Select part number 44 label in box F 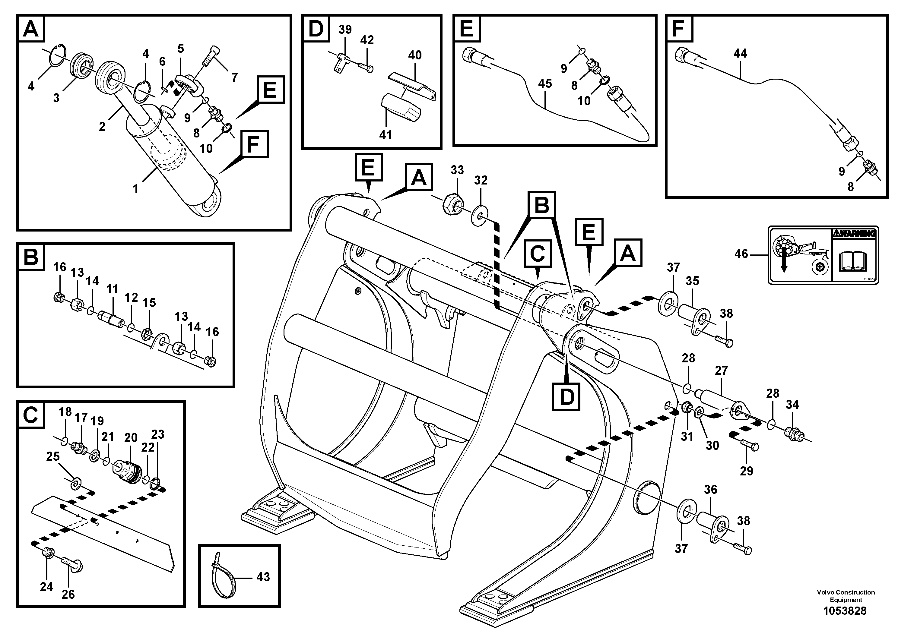click(740, 54)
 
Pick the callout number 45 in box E click(545, 84)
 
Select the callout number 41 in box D click(385, 135)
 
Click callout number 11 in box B click(112, 290)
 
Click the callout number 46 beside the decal click(741, 254)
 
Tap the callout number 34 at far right click(792, 405)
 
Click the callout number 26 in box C click(68, 595)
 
